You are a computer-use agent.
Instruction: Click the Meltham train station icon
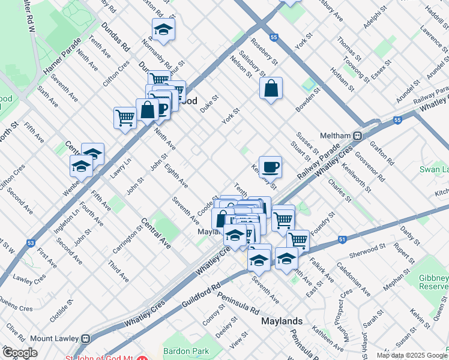(x=358, y=136)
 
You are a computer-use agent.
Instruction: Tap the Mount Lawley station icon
(x=86, y=338)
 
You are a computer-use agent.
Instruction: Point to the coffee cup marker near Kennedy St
(x=270, y=167)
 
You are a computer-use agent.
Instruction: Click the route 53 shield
(x=30, y=243)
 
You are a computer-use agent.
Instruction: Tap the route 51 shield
(x=342, y=239)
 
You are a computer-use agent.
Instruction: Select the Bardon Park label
(x=185, y=350)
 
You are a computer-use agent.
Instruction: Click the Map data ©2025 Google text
(x=412, y=355)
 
